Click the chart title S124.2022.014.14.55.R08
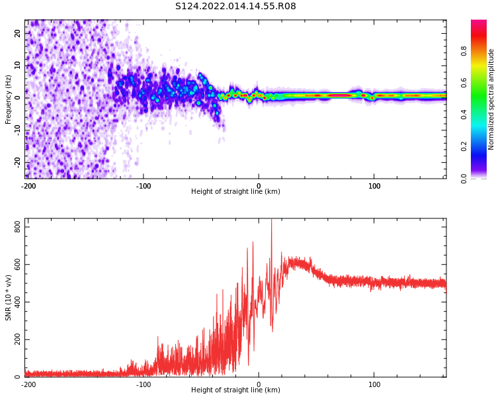[235, 6]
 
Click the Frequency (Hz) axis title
[9, 99]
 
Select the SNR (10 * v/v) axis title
[9, 297]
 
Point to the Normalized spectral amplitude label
[491, 99]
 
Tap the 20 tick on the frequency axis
[18, 33]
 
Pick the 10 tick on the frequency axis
[18, 66]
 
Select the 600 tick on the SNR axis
[15, 265]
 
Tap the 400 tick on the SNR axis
[15, 302]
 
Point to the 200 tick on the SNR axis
[15, 340]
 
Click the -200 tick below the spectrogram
[28, 186]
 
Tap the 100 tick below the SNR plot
[374, 384]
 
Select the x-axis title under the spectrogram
[235, 192]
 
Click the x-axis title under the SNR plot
[235, 390]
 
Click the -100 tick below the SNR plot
[144, 384]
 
